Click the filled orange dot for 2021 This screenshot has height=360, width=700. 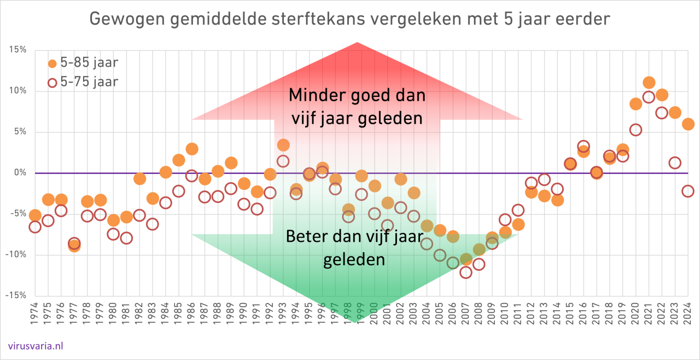[x=649, y=83]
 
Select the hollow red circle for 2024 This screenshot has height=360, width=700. [x=688, y=191]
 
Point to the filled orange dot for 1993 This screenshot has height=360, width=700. [x=283, y=145]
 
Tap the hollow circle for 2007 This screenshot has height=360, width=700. [x=466, y=272]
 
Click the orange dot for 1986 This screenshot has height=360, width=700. [x=192, y=149]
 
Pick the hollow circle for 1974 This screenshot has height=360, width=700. [x=35, y=227]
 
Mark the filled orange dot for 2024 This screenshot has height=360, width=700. [x=688, y=124]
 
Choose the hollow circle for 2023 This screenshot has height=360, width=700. [x=675, y=162]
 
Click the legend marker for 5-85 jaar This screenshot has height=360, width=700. [x=52, y=63]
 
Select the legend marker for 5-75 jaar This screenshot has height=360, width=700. [x=52, y=83]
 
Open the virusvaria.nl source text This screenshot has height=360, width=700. [x=36, y=345]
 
